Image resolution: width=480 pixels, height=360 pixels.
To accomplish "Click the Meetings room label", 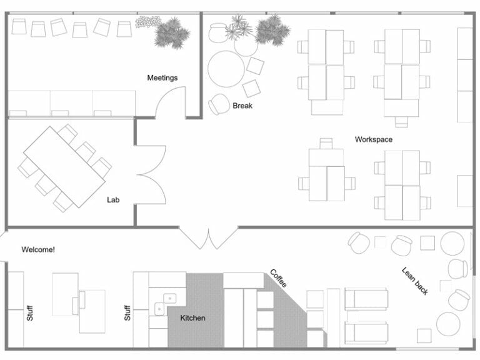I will pos(162,78).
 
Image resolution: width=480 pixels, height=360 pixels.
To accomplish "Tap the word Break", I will pos(242,106).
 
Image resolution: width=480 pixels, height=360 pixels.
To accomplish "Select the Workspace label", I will pos(373,139).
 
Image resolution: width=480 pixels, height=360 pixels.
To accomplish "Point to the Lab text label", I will pos(112,200).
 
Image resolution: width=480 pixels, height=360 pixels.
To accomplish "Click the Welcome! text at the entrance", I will pos(38,249).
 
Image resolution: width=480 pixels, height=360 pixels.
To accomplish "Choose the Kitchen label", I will pos(192,318).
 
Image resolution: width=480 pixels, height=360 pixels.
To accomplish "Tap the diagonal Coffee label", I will pos(279,278).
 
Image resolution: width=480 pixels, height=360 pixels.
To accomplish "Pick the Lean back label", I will pos(415,281).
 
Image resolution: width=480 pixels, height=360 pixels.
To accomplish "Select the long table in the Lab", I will pos(64,166).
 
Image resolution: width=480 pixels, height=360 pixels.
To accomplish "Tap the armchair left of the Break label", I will pos(219,104).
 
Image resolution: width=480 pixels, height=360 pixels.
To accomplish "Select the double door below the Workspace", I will pos(208,238).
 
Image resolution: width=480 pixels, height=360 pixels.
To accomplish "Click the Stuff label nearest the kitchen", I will pos(127,312).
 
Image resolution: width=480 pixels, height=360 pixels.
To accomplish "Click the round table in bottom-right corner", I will pos(448,324).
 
